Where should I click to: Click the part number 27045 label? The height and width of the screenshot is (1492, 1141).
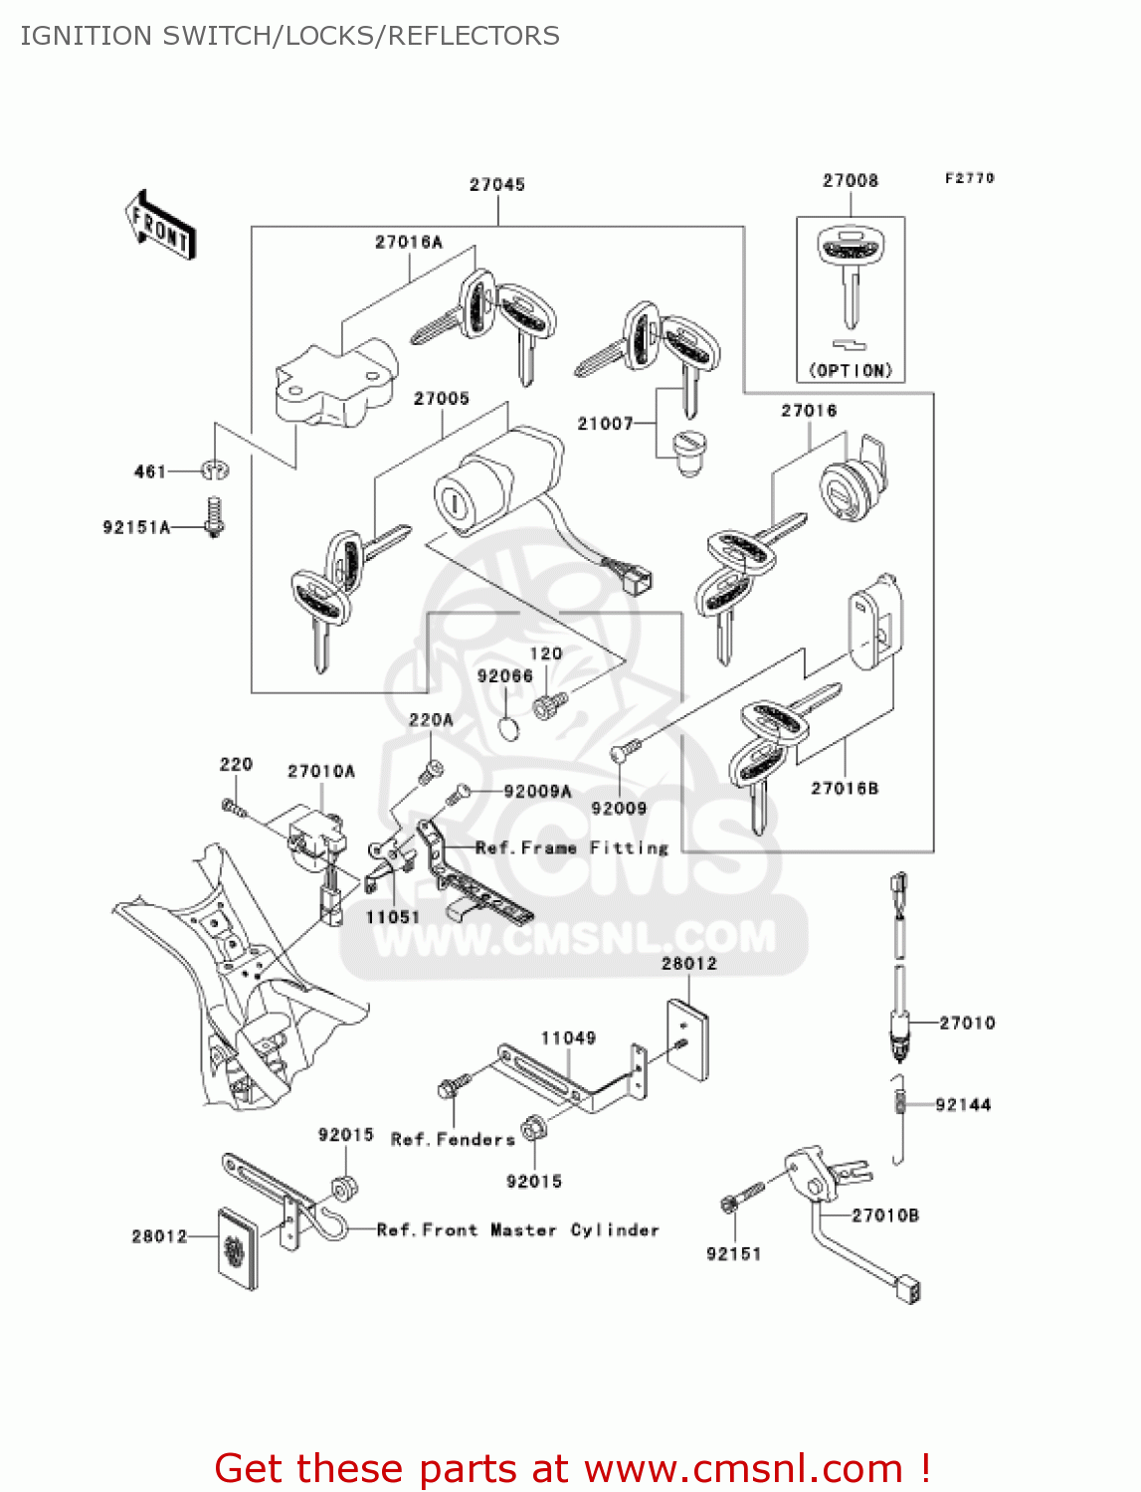(496, 184)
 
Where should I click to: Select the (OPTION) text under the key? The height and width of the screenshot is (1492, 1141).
(851, 370)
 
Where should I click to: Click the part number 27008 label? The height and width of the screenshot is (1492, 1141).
(850, 180)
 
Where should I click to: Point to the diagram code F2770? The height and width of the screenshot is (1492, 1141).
(969, 178)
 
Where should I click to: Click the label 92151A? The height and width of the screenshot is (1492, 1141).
(136, 527)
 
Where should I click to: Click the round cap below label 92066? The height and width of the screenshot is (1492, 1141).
(508, 728)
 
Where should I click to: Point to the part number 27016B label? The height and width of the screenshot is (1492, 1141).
(845, 788)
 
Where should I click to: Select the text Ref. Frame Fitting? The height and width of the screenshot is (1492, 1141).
(572, 847)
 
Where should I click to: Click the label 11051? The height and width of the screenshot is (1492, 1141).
(393, 917)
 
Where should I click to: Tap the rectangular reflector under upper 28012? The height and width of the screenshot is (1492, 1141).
(687, 1038)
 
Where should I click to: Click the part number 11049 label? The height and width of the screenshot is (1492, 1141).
(568, 1037)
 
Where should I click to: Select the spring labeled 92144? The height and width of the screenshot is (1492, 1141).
(901, 1102)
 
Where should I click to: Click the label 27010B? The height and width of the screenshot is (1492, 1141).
(885, 1214)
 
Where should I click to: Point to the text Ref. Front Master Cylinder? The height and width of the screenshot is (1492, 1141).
(518, 1230)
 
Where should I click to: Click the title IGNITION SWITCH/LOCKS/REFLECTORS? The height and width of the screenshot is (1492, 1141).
(289, 36)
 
